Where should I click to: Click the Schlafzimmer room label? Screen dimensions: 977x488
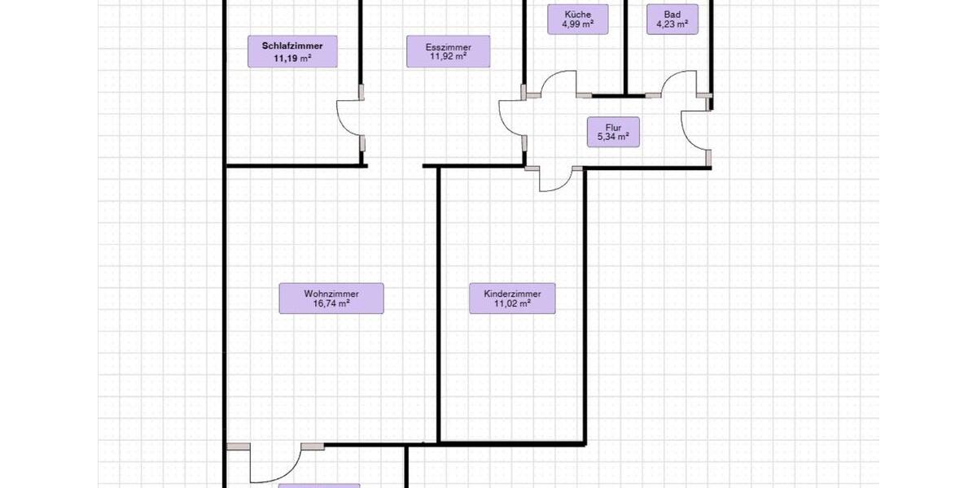[x=292, y=51]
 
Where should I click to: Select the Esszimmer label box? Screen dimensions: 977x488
[x=448, y=51]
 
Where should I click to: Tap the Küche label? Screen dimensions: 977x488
[x=577, y=20]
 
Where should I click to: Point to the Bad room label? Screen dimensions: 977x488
[x=673, y=20]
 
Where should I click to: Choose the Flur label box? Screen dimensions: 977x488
[x=613, y=132]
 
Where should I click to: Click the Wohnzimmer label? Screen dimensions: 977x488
[x=331, y=298]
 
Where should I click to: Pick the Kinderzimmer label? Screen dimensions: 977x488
[x=512, y=298]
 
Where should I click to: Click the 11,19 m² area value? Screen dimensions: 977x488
[x=292, y=58]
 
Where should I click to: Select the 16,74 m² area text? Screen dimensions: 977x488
[x=331, y=303]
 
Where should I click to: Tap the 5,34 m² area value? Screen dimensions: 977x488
[x=613, y=137]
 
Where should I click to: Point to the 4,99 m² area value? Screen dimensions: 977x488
[x=577, y=24]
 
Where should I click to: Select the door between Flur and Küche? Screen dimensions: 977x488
[x=559, y=83]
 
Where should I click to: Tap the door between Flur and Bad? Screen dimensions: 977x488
[x=679, y=83]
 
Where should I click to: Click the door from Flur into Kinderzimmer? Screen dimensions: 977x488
[x=554, y=179]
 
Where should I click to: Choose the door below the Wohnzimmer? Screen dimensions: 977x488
[x=276, y=463]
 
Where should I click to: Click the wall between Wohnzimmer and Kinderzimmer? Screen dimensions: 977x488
[x=438, y=305]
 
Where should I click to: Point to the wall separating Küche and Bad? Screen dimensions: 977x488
[x=625, y=48]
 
